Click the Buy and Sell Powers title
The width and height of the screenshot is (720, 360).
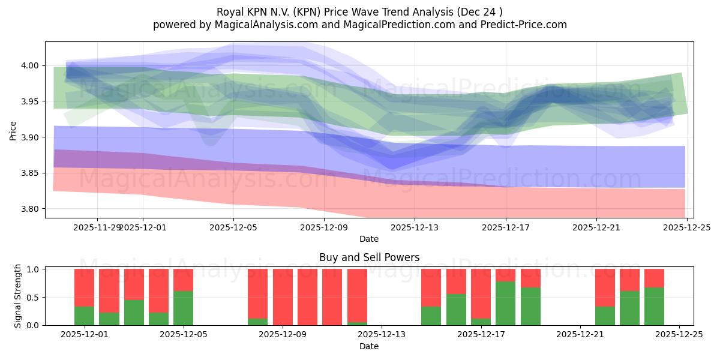[369, 257]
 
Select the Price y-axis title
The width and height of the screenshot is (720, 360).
[13, 131]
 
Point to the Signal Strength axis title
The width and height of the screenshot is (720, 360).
[18, 296]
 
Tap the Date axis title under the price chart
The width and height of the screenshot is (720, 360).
[369, 239]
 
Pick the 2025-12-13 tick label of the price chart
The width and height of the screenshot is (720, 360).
[415, 227]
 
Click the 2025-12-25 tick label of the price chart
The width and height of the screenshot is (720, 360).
[687, 227]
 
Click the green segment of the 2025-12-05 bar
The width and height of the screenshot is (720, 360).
[183, 308]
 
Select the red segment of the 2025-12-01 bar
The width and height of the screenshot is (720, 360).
[84, 287]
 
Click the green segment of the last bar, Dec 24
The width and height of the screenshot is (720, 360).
[654, 306]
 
